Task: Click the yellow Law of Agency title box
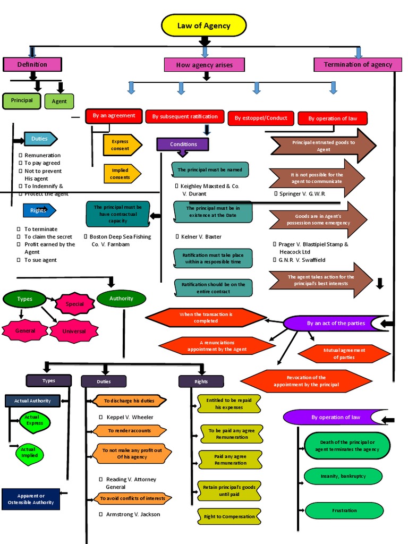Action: point(204,25)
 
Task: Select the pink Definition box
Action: point(32,64)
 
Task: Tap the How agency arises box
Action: point(205,65)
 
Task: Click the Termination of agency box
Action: point(358,64)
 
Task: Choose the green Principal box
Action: point(22,100)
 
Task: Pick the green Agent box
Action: point(59,101)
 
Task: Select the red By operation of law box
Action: point(333,118)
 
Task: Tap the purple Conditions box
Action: point(183,144)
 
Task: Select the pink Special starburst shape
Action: point(75,304)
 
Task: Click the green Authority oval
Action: point(121,299)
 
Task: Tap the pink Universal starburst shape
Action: point(74,331)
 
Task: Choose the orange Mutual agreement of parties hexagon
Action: point(344,354)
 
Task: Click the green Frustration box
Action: point(344,511)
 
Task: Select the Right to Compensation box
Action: point(229,516)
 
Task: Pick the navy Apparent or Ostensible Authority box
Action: point(31,499)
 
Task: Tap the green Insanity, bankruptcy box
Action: point(343,476)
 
